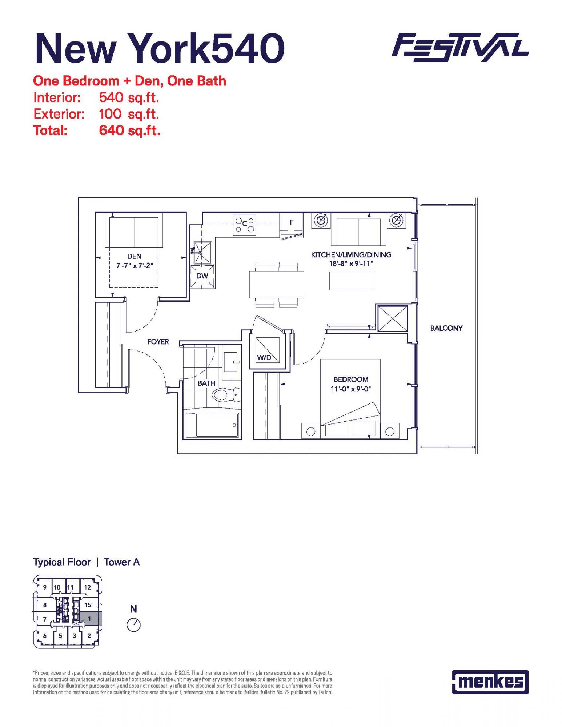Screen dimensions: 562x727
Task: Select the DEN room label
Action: point(135,256)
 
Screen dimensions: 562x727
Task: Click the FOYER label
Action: point(158,342)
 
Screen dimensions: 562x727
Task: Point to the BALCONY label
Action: point(446,328)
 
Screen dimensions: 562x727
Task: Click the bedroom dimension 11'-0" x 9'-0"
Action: point(351,389)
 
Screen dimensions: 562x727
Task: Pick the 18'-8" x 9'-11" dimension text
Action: point(351,264)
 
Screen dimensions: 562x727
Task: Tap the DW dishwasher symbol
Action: point(202,277)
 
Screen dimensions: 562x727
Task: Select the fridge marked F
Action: point(292,225)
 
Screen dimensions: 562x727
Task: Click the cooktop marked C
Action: point(245,225)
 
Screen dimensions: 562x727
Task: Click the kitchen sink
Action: point(202,252)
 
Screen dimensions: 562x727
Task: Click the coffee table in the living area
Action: point(351,281)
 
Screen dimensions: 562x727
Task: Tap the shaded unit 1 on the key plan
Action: point(89,618)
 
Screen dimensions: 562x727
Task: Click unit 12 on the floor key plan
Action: point(88,587)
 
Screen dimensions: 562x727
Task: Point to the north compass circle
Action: point(134,625)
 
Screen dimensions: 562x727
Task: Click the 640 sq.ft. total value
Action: point(130,130)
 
